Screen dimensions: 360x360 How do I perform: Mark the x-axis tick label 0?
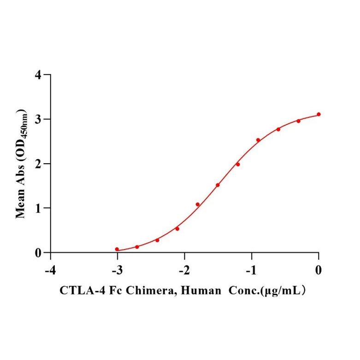point(318,269)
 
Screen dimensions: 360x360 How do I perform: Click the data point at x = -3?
point(117,249)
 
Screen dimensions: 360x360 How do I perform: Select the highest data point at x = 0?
point(319,114)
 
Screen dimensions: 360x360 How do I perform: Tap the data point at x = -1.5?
point(218,185)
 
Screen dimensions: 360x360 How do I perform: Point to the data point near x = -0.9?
point(258,140)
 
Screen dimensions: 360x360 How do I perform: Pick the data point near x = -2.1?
point(177,229)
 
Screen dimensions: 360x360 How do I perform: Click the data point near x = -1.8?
point(198,204)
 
